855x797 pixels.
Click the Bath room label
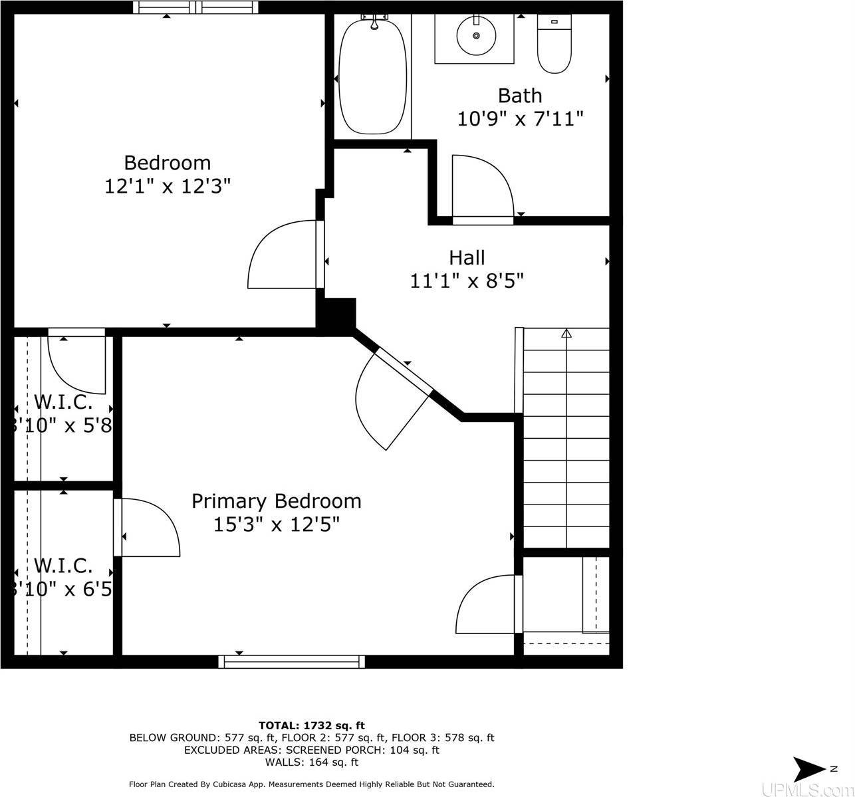(520, 96)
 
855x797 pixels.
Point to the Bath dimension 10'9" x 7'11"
(520, 119)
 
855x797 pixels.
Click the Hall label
(467, 258)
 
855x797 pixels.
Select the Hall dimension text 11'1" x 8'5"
(467, 281)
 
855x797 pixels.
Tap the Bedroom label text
(168, 163)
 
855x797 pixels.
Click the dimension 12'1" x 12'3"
(168, 186)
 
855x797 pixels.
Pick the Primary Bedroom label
(277, 501)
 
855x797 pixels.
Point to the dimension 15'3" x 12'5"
(277, 524)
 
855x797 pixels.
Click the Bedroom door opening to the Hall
(283, 256)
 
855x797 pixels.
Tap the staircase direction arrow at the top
(566, 334)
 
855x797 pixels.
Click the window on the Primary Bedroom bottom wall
(292, 661)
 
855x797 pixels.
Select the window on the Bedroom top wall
(195, 7)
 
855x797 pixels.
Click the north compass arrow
(810, 769)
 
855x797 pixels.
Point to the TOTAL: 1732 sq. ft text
(311, 725)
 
